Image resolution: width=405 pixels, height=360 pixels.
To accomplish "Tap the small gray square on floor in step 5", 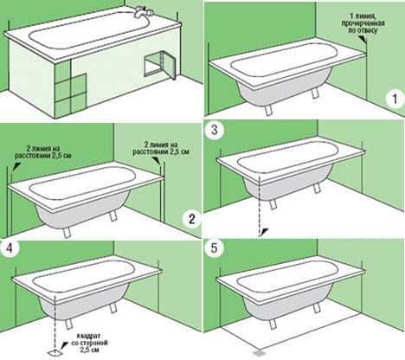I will coord(255,353).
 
